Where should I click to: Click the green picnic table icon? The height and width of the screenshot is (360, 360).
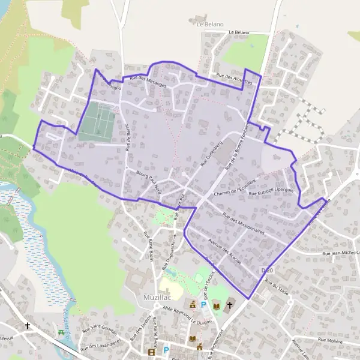click(x=62, y=332)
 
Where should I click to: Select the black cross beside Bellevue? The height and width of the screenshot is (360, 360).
click(x=28, y=326)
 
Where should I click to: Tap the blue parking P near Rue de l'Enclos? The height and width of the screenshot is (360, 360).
click(x=203, y=305)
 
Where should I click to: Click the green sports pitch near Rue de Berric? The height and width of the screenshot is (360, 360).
click(x=96, y=121)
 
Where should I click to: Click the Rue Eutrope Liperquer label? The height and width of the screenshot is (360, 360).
click(x=274, y=191)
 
